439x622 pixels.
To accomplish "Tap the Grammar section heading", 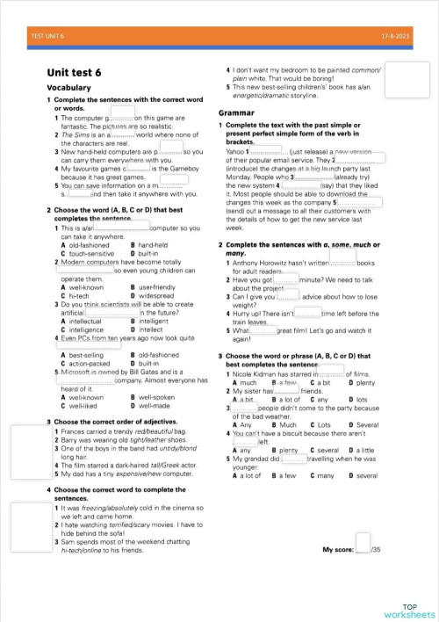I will (235, 113).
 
